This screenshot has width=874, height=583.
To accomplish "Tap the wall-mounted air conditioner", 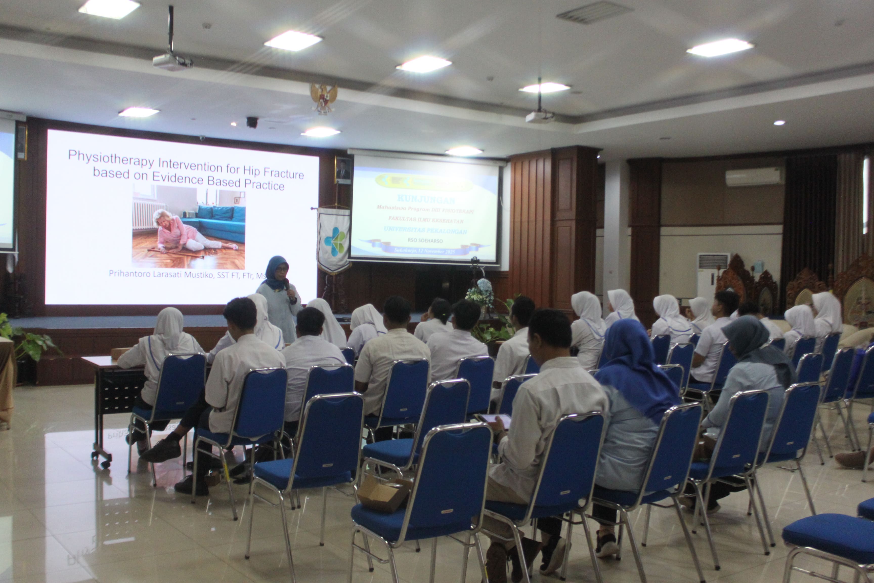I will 755,177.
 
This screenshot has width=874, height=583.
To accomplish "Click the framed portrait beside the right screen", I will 343,170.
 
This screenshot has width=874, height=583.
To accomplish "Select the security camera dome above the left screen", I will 252,122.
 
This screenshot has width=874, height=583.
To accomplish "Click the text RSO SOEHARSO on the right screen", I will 425,241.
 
